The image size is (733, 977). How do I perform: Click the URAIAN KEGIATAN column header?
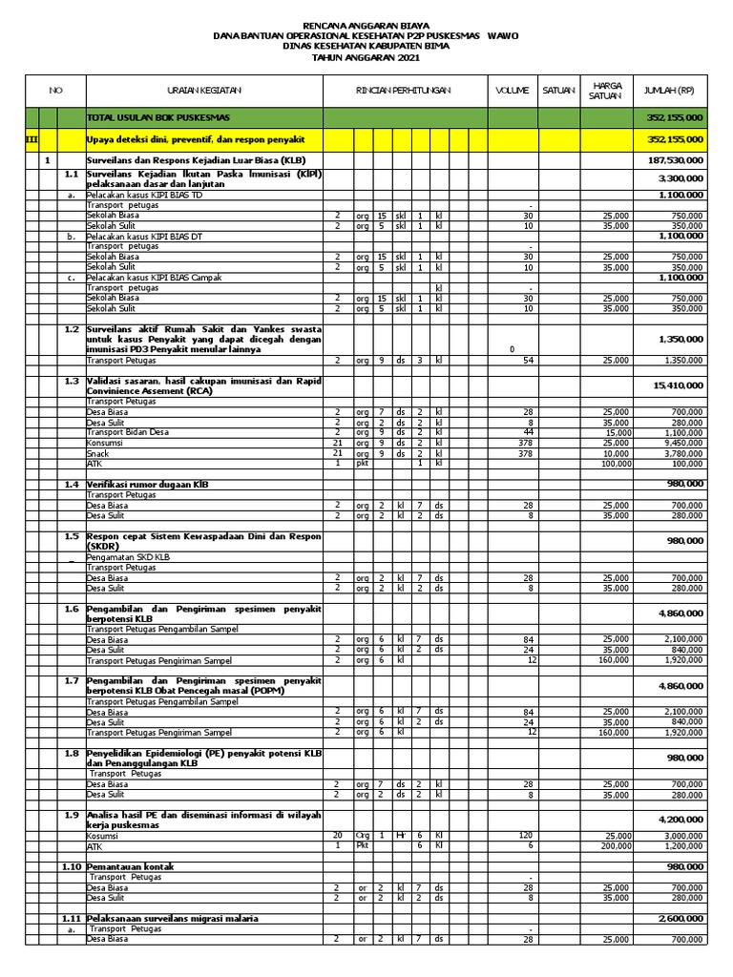pyautogui.click(x=204, y=90)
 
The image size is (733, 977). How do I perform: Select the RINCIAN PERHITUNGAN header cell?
pyautogui.click(x=405, y=90)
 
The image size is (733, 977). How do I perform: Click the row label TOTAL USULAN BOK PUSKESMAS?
pyautogui.click(x=147, y=117)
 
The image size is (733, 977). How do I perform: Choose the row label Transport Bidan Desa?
pyautogui.click(x=128, y=432)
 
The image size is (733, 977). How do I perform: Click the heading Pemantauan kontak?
pyautogui.click(x=133, y=866)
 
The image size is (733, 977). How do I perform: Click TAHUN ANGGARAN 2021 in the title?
pyautogui.click(x=366, y=58)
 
